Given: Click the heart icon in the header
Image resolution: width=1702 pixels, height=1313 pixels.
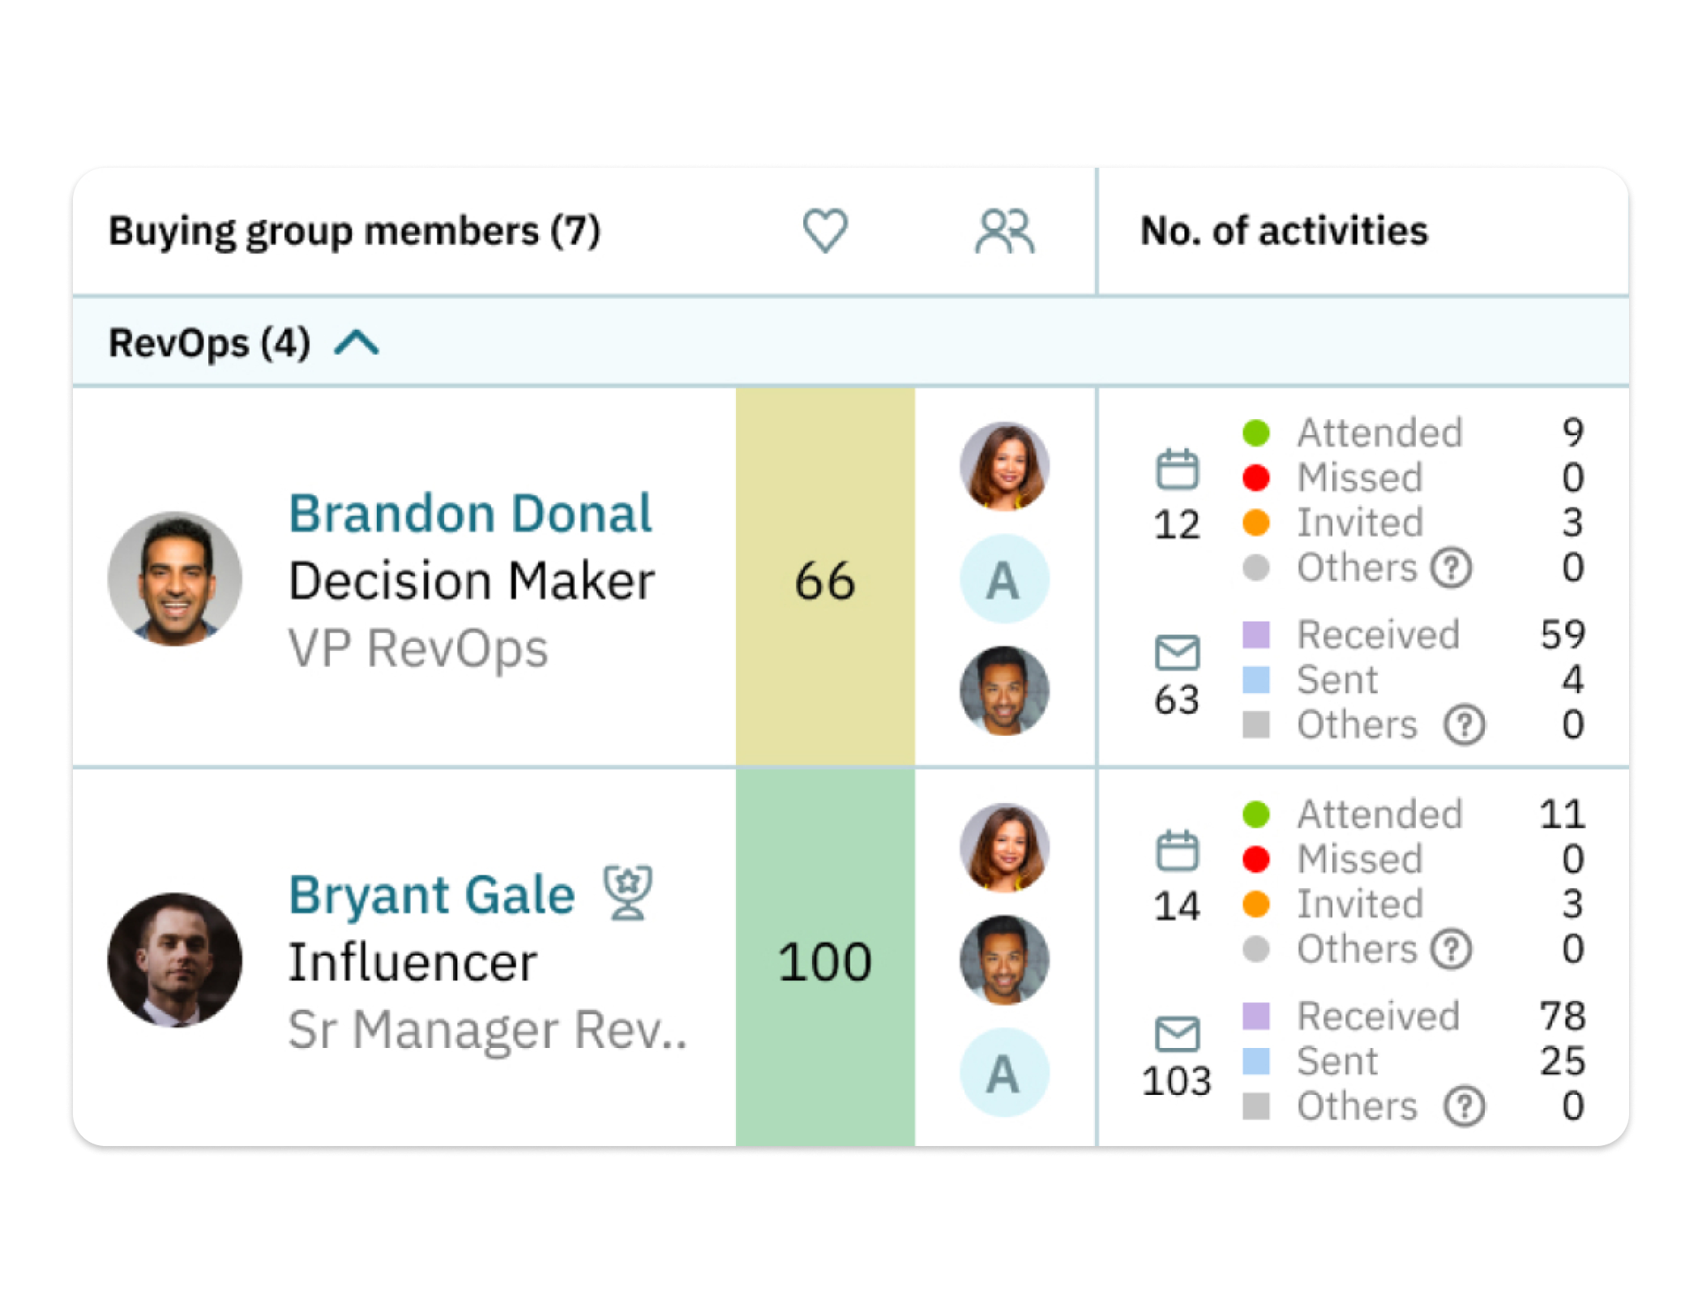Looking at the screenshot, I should [x=825, y=230].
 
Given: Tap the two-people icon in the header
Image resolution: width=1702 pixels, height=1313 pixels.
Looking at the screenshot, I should [x=1004, y=231].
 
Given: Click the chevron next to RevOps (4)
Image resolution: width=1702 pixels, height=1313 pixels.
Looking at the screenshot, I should [x=357, y=343].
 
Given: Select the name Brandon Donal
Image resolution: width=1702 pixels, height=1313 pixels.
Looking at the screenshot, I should [x=470, y=514].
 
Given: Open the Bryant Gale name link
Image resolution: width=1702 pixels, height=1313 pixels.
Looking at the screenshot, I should [x=431, y=895].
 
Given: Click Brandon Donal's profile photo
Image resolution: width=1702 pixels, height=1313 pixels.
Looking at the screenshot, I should [x=175, y=579].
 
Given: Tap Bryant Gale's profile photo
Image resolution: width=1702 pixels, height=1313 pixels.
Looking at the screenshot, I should [x=175, y=960].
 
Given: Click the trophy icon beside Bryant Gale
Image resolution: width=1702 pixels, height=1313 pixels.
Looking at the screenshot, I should [x=628, y=893].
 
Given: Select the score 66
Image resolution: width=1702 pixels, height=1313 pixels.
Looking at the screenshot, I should [x=825, y=580].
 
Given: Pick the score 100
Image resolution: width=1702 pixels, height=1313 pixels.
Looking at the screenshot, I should [x=825, y=962].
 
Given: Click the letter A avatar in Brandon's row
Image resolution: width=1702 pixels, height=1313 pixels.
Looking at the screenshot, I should [x=1004, y=579].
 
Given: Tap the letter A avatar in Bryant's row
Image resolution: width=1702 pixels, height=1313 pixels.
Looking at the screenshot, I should [x=1004, y=1073].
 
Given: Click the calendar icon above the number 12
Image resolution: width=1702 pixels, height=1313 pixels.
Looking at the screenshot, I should [x=1177, y=469].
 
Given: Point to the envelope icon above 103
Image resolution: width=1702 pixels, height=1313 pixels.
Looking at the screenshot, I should [x=1177, y=1034].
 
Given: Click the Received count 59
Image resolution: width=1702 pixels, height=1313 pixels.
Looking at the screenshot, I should [x=1563, y=634].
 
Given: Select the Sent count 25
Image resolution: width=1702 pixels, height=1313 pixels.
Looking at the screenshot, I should [x=1563, y=1060].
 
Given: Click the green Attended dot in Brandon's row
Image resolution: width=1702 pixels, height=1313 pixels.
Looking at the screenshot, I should [x=1255, y=433].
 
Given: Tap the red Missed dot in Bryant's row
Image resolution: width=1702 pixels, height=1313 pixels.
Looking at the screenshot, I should [x=1255, y=859].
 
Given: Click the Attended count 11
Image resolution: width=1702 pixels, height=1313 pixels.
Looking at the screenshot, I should [x=1563, y=814].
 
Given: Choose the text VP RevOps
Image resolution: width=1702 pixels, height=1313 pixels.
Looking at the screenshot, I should [x=418, y=648].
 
